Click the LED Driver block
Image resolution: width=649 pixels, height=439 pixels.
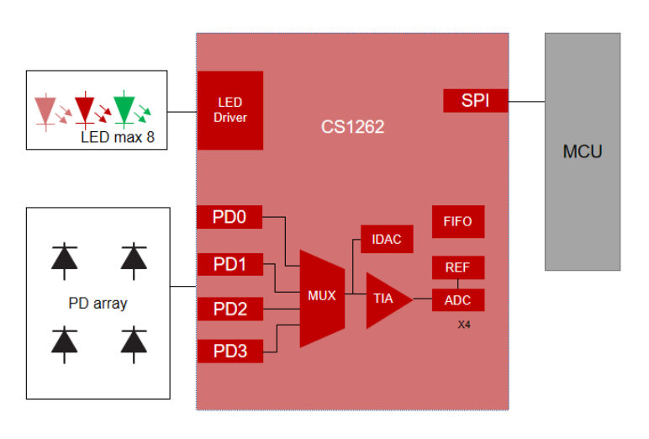click(230, 110)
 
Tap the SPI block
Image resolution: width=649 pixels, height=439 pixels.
click(476, 101)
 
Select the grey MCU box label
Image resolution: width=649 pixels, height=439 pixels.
click(583, 151)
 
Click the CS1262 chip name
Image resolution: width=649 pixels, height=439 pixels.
click(352, 127)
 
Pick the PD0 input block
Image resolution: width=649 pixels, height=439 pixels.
click(230, 217)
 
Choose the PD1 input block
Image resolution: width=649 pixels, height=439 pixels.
click(230, 264)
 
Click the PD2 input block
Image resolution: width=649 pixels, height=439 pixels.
click(230, 309)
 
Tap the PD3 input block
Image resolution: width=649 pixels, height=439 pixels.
click(230, 352)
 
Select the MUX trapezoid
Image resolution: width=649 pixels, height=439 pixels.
click(322, 299)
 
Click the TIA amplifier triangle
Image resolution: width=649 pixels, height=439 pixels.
click(386, 300)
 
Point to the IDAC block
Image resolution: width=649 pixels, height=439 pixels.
click(387, 239)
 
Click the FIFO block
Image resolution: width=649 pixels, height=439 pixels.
click(458, 221)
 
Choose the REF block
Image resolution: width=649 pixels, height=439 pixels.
click(458, 267)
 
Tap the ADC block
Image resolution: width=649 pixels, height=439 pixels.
click(458, 300)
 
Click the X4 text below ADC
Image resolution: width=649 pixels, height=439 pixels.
click(464, 325)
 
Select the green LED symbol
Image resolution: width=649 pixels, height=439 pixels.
click(124, 108)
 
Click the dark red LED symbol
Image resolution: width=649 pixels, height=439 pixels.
click(85, 109)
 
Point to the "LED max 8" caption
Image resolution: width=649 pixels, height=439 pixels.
click(118, 137)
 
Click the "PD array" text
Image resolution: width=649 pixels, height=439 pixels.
click(98, 304)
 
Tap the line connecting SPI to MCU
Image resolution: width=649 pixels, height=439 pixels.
click(526, 102)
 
